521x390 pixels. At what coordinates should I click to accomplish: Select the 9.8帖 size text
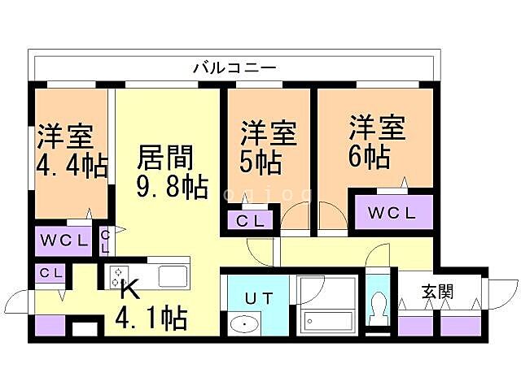tap(171, 188)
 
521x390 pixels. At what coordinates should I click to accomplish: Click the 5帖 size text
tap(260, 160)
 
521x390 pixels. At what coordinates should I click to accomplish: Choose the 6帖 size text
tap(368, 155)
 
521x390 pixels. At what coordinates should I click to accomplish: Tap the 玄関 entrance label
tap(437, 291)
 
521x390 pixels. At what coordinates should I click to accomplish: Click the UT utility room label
tap(258, 297)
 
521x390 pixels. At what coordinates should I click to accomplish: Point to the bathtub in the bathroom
tap(326, 320)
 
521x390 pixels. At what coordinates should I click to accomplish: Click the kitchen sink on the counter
tap(173, 275)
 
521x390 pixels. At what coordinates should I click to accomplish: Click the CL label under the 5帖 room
tap(250, 219)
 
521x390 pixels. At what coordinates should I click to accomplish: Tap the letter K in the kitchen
tap(129, 288)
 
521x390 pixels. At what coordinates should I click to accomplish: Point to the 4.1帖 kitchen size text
tap(153, 317)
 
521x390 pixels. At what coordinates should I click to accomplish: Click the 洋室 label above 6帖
tap(378, 128)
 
